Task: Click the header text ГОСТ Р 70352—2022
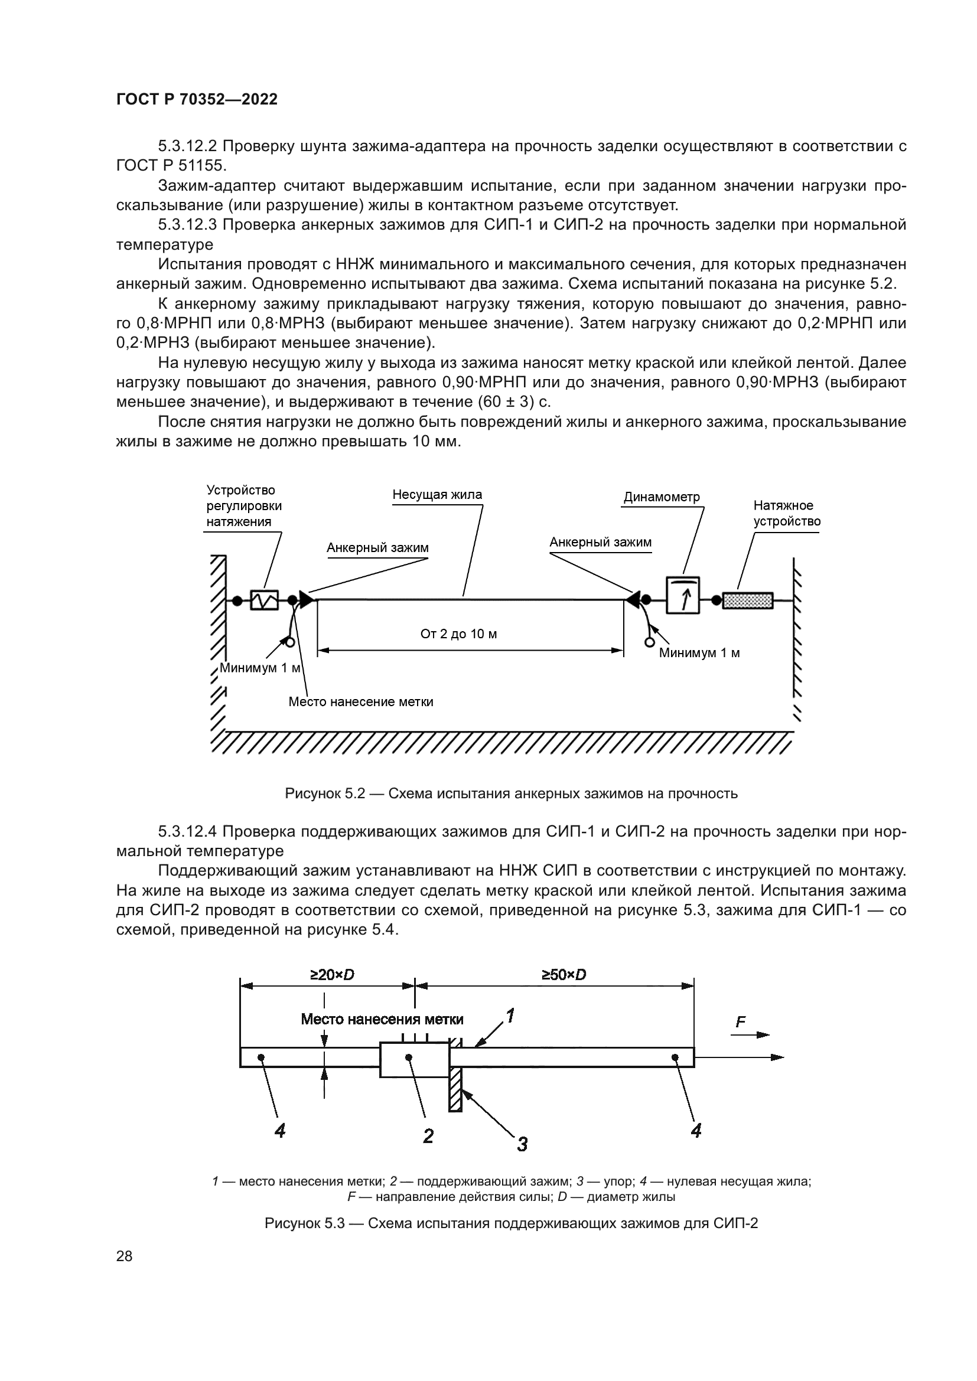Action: click(x=197, y=100)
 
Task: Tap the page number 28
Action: click(x=125, y=1256)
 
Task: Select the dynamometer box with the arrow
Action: click(x=683, y=596)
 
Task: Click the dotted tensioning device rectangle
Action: click(x=747, y=600)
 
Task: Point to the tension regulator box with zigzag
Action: click(x=265, y=600)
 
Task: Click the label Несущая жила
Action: click(x=437, y=495)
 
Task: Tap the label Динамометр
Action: click(x=662, y=497)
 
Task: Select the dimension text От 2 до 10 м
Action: click(x=458, y=634)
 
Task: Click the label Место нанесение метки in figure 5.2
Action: click(x=361, y=702)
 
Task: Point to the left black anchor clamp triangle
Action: click(x=307, y=600)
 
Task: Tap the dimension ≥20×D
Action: click(x=332, y=975)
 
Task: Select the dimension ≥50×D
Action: click(x=564, y=975)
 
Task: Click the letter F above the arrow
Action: click(x=741, y=1023)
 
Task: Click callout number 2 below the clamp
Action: click(x=428, y=1135)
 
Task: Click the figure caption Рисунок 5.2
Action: click(x=511, y=794)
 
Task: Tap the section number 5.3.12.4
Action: click(x=188, y=831)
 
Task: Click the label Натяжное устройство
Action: click(x=787, y=513)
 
